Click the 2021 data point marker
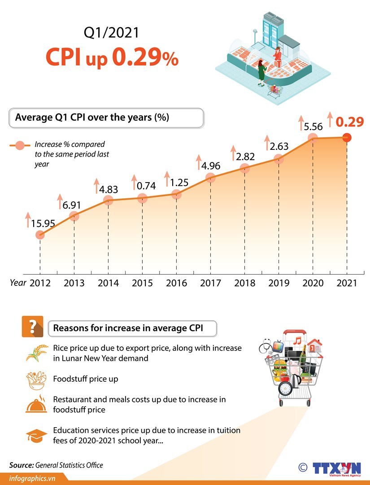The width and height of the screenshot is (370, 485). (x=346, y=138)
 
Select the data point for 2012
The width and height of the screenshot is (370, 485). (x=40, y=235)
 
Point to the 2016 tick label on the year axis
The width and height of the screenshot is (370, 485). (x=176, y=283)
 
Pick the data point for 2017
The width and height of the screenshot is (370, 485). (x=210, y=178)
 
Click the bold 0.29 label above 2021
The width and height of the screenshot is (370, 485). (x=350, y=122)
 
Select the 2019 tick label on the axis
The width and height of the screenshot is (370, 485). (x=279, y=283)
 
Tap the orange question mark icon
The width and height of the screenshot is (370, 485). (x=32, y=327)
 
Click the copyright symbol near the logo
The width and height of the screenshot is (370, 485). (x=303, y=468)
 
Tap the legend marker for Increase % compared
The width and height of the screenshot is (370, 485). (x=20, y=145)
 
